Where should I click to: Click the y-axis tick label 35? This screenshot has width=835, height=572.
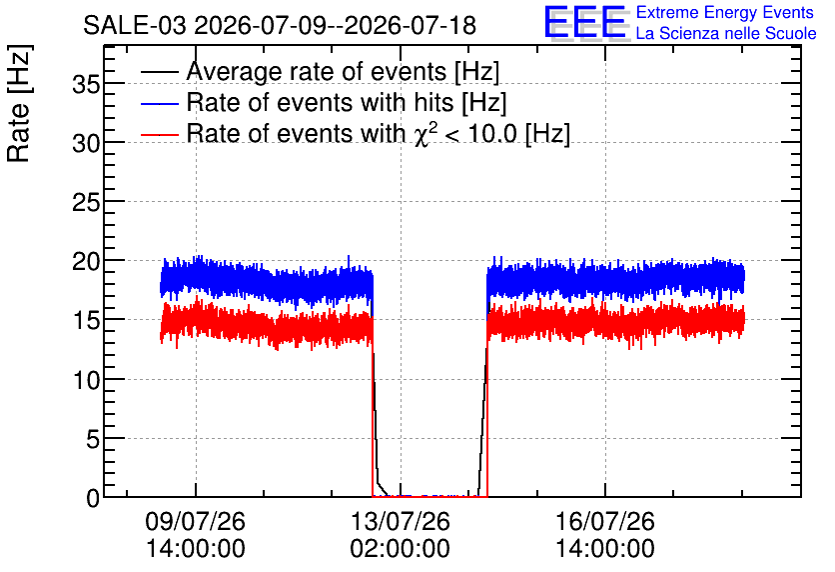tap(86, 84)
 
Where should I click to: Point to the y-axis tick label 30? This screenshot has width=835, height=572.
tap(86, 143)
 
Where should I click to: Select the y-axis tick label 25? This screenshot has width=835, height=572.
tap(86, 203)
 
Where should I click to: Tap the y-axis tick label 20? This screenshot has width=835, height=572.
tap(86, 262)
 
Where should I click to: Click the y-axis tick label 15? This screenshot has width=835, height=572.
tap(86, 321)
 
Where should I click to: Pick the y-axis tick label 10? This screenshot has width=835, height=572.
tap(86, 380)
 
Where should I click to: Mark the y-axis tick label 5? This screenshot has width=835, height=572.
tap(93, 439)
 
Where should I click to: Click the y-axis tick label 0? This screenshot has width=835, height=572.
tap(93, 498)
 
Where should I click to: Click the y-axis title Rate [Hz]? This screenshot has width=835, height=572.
tap(19, 103)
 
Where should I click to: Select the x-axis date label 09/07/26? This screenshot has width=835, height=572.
tap(196, 521)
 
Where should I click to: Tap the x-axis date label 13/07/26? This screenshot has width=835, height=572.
tap(400, 521)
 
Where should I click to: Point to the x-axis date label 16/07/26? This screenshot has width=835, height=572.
tap(605, 521)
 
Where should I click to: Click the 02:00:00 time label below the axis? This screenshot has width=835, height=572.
tap(400, 548)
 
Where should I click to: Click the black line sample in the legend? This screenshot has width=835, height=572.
tap(159, 72)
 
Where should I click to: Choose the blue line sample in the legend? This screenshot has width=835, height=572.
tap(159, 103)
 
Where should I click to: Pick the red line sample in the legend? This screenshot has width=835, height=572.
tap(159, 134)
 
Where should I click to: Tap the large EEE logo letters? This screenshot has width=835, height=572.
tap(585, 22)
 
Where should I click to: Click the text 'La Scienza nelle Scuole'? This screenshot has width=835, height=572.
tap(726, 33)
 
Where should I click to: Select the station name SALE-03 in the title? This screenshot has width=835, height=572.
tap(135, 26)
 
